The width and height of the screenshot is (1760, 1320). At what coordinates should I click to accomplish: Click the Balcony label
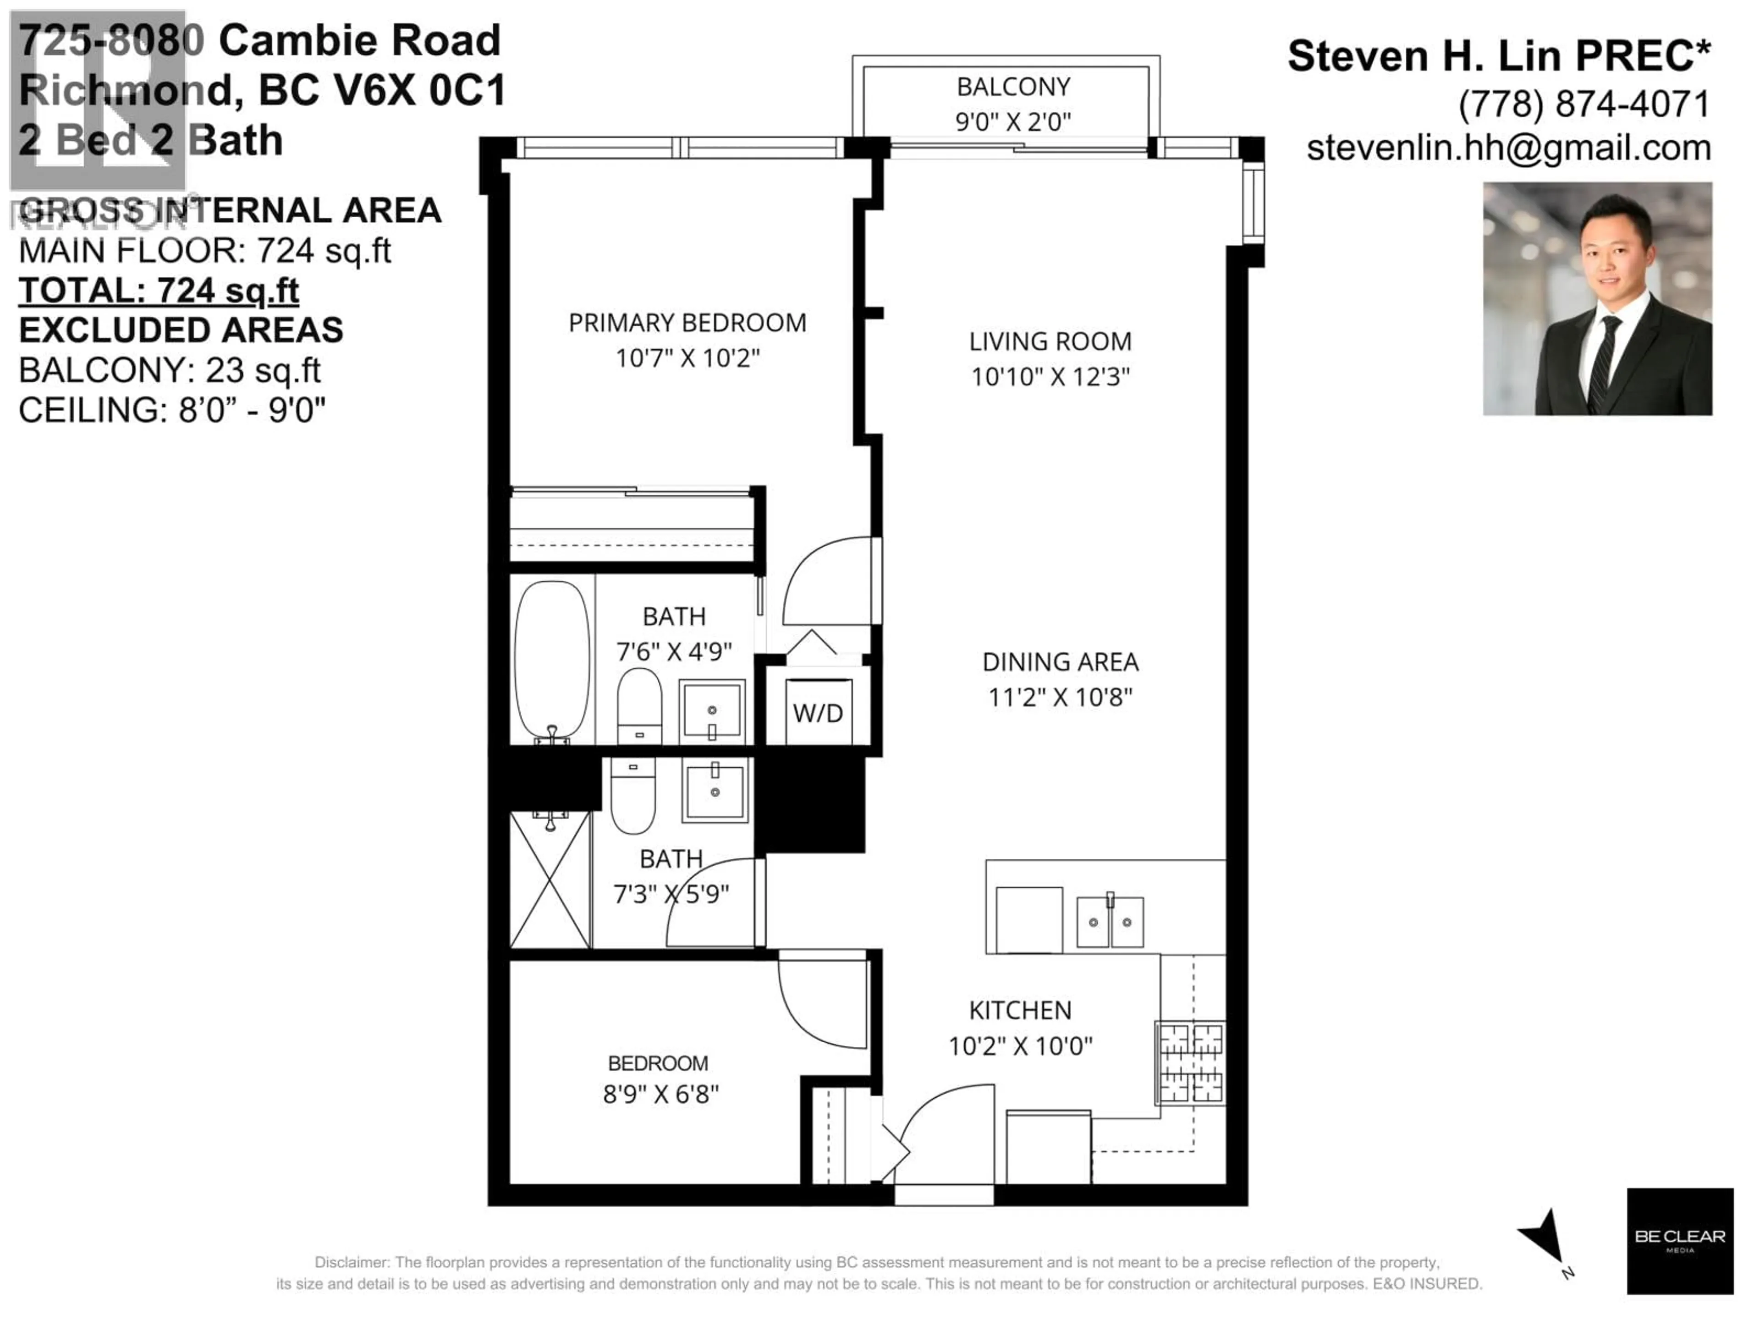tap(1013, 87)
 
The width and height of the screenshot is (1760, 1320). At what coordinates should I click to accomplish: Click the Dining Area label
tap(1060, 662)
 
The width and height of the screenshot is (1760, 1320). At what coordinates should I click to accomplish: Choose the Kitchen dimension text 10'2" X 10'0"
tap(1020, 1045)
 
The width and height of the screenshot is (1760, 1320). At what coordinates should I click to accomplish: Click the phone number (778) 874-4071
tap(1584, 104)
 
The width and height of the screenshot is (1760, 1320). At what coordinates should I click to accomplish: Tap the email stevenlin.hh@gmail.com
tap(1508, 148)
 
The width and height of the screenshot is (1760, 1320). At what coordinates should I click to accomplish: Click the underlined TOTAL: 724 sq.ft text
tap(159, 291)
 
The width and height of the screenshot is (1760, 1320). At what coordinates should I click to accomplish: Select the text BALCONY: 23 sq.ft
tap(170, 370)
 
